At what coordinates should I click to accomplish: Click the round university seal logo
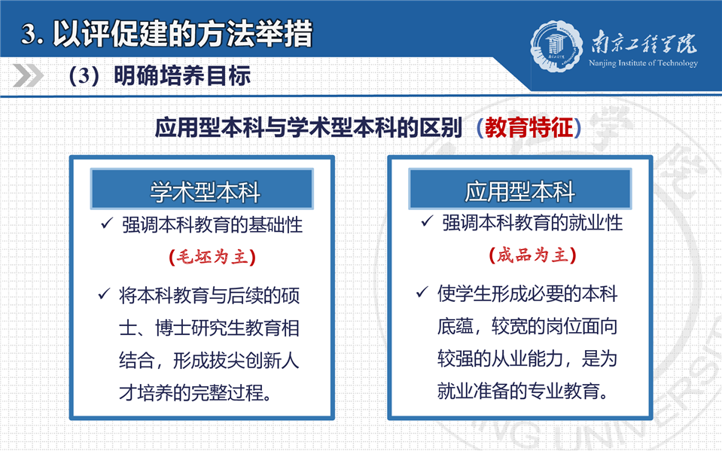556,47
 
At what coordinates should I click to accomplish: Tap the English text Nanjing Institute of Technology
643,63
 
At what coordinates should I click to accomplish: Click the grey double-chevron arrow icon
28,75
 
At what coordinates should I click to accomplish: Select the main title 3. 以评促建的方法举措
166,34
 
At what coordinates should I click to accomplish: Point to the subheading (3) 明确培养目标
160,76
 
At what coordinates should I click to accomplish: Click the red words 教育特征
529,127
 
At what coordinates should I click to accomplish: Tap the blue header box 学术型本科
202,189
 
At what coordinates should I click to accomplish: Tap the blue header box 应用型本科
520,189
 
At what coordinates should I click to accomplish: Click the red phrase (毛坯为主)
212,257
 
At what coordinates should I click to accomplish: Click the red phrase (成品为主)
532,255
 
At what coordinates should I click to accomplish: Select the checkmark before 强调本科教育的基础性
107,224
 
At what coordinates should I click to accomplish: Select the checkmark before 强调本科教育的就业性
427,221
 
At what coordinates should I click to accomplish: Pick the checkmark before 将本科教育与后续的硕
104,294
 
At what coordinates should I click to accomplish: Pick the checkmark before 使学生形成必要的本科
422,292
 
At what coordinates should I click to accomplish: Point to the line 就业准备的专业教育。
523,391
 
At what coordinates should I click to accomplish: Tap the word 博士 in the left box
173,328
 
